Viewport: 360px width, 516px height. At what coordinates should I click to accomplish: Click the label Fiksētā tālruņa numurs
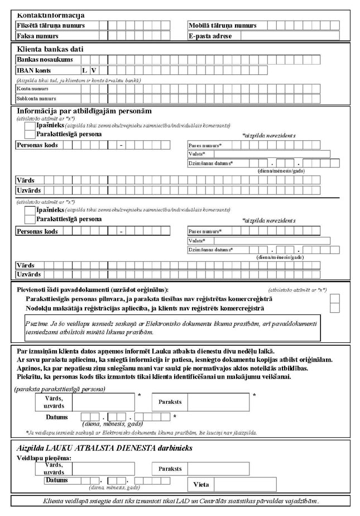(x=51, y=26)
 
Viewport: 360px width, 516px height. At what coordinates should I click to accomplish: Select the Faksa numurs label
(x=37, y=36)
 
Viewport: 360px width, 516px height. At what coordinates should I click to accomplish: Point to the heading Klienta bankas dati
(x=53, y=49)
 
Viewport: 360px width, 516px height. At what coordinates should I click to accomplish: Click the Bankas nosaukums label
(x=45, y=60)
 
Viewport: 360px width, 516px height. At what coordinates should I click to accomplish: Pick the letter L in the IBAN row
(x=85, y=70)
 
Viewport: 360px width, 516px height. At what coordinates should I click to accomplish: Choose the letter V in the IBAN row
(x=94, y=70)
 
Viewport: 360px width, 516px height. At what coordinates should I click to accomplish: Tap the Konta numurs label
(x=32, y=89)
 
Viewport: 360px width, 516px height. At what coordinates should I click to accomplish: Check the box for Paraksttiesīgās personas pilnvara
(x=334, y=299)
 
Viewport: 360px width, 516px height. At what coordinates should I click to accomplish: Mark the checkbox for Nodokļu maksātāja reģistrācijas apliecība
(x=334, y=309)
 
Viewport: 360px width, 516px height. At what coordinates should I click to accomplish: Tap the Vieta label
(x=201, y=484)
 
